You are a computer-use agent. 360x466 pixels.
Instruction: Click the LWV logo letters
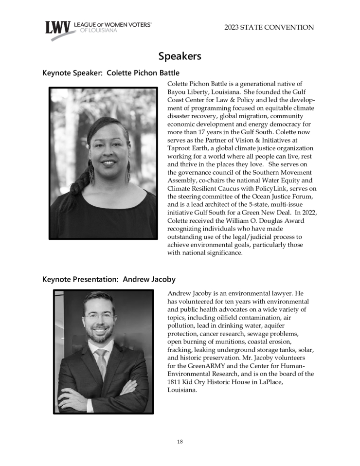58,28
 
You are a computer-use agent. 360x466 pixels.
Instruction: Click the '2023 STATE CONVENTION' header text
269,28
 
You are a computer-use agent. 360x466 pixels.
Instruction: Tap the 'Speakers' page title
180,56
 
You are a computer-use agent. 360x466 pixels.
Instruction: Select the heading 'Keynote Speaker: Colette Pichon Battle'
111,73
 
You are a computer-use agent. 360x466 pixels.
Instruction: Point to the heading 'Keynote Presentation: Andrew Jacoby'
109,280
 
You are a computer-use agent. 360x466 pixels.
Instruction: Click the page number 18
180,442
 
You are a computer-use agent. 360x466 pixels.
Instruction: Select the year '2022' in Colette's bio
307,213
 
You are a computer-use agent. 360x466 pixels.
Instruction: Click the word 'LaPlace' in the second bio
270,382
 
